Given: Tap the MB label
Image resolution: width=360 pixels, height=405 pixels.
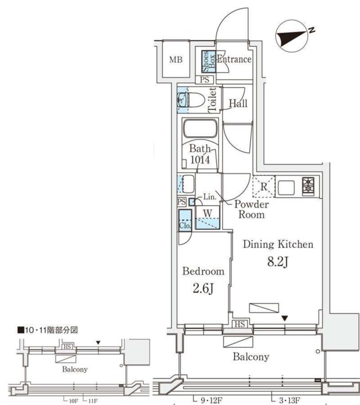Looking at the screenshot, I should coord(175,60).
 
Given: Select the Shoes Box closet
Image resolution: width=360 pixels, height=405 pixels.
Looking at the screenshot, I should coord(206,60).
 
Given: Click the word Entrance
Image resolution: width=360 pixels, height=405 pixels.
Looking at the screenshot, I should coord(234,59).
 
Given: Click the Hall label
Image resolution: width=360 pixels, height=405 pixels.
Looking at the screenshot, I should coord(238,104).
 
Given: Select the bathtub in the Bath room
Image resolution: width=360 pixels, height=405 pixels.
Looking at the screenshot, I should coord(201,133).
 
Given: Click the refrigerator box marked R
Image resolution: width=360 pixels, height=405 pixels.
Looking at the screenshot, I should coord(263,186).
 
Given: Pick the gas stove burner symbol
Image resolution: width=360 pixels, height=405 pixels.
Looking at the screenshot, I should coord(309,186).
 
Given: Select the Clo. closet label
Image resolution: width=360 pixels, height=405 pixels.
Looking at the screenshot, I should coord(185,225).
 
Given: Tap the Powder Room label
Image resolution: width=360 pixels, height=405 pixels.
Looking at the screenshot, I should coord(252,209).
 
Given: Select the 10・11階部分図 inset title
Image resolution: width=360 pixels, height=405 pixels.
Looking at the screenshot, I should coord(47,330).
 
